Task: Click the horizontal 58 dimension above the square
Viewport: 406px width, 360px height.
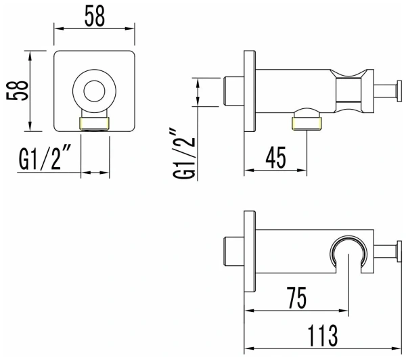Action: tap(95, 18)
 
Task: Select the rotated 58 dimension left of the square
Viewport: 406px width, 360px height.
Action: tap(20, 91)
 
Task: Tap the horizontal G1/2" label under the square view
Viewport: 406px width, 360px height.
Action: tap(46, 163)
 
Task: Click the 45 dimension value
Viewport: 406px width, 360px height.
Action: tap(275, 160)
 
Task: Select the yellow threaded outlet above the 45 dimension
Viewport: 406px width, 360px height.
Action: tap(307, 122)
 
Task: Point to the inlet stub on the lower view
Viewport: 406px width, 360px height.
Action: tap(233, 250)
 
